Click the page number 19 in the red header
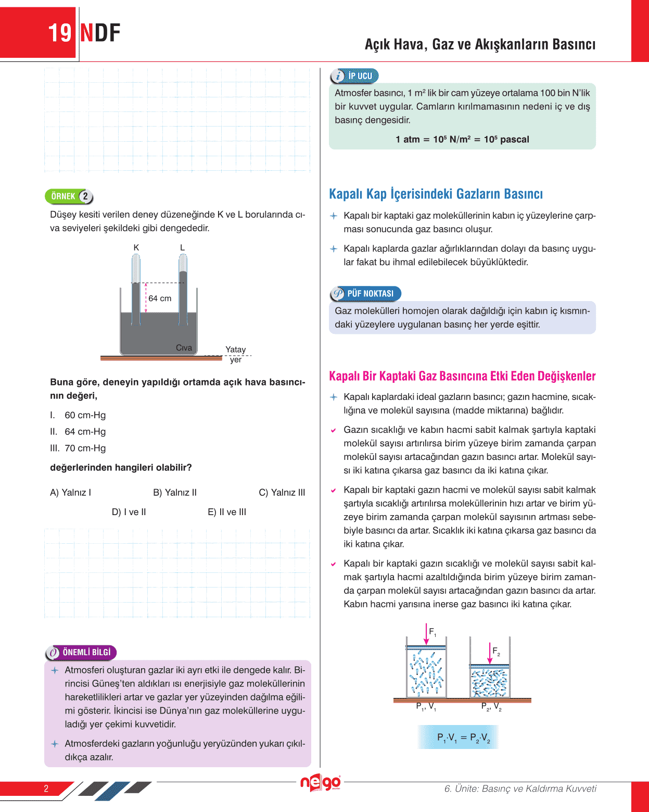pos(60,33)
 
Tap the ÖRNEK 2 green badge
pos(69,196)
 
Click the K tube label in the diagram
pos(136,247)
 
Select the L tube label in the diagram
pos(182,247)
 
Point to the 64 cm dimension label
pos(160,298)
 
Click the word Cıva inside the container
pos(184,347)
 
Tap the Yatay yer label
pos(235,354)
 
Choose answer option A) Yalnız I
pos(70,492)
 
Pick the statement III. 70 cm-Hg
pos(78,448)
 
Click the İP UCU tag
pos(354,76)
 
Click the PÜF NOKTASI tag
pos(365,294)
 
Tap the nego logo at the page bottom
pos(320,782)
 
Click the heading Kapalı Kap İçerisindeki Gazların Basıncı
pos(436,194)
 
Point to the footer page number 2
pos(46,789)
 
